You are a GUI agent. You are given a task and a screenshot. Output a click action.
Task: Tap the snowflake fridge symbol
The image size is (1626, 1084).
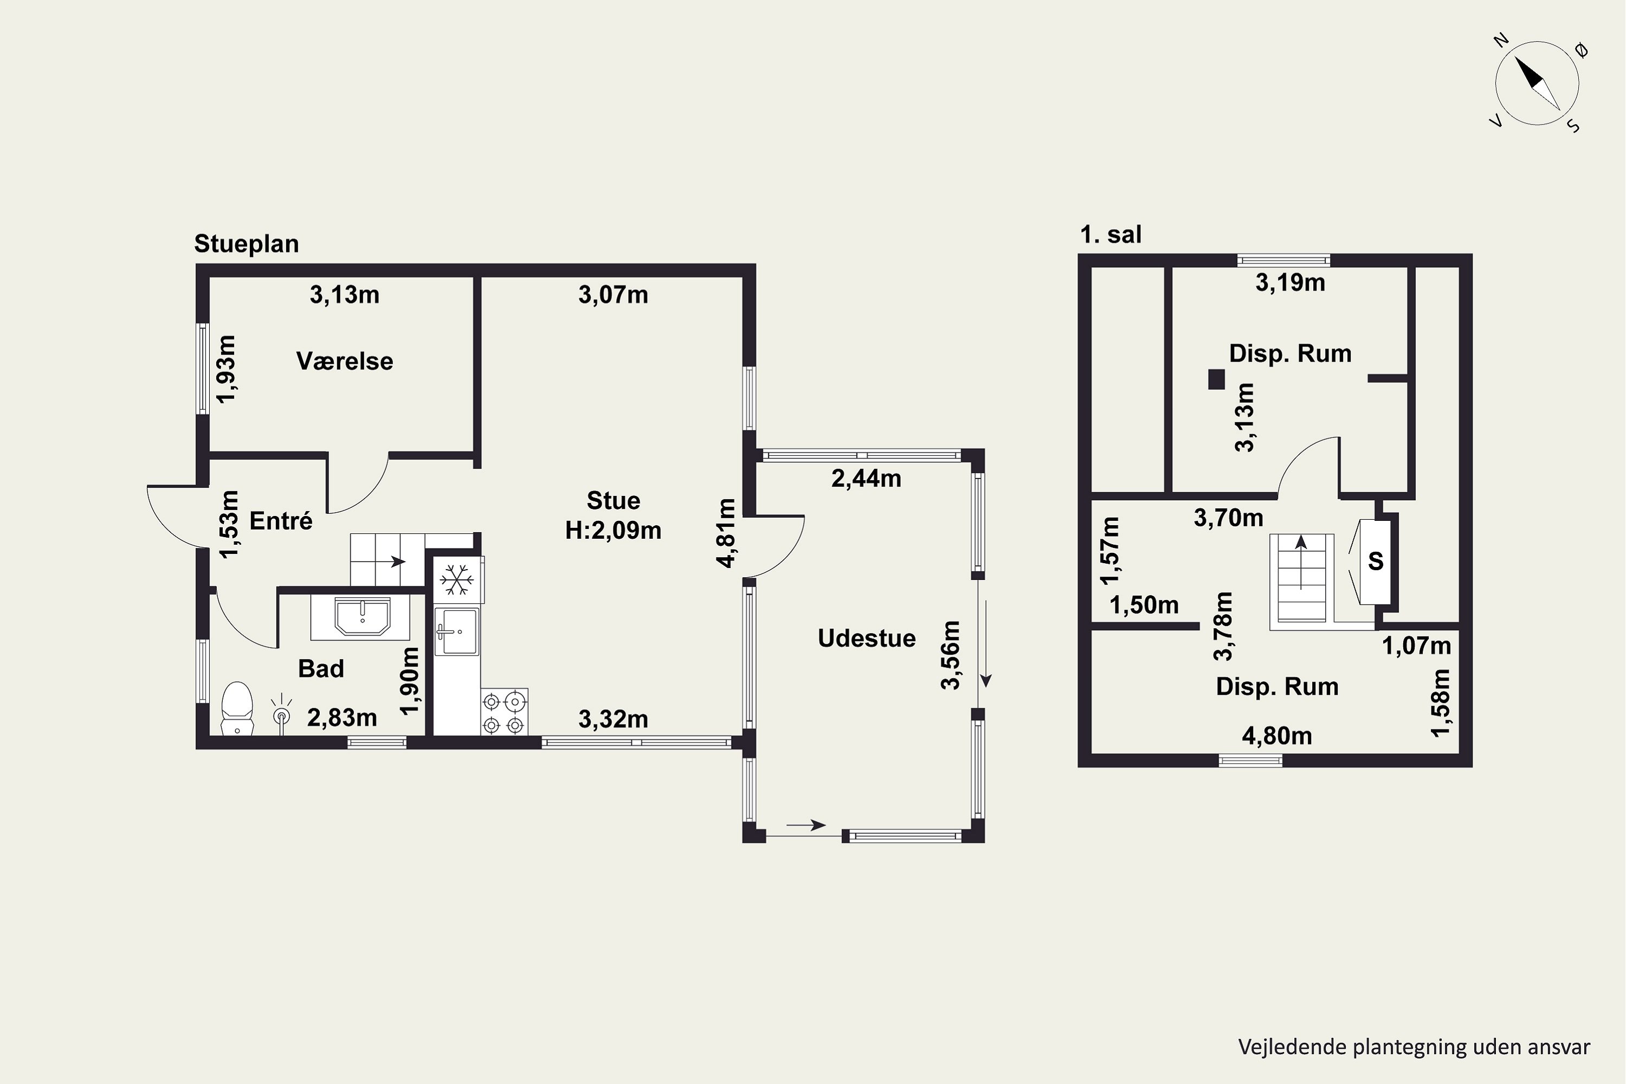tap(456, 579)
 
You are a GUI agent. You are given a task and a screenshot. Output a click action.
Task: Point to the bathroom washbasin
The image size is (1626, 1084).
tap(362, 617)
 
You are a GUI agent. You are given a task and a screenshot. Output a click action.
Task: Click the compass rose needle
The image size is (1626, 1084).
tap(1538, 83)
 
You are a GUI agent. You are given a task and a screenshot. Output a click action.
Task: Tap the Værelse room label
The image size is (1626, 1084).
tap(344, 362)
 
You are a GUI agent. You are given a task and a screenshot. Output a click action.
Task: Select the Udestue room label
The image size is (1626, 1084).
tap(866, 638)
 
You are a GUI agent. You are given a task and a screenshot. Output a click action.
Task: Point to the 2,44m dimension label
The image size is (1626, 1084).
tap(866, 479)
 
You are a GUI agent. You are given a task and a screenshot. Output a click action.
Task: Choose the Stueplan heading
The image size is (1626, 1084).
tap(246, 244)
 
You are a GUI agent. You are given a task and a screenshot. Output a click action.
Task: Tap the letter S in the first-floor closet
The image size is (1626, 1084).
tap(1375, 560)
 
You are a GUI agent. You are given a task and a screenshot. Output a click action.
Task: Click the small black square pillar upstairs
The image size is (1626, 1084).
tap(1216, 379)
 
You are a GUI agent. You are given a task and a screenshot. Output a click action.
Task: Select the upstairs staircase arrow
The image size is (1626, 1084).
tap(1301, 562)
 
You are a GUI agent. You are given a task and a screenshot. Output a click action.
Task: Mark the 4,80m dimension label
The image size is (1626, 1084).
tap(1277, 736)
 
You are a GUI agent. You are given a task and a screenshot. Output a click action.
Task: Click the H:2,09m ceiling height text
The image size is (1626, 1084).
tap(613, 530)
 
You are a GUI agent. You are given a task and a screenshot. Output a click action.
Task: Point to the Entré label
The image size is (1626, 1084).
tap(281, 520)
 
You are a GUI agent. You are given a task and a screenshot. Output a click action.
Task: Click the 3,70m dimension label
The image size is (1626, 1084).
tap(1229, 518)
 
